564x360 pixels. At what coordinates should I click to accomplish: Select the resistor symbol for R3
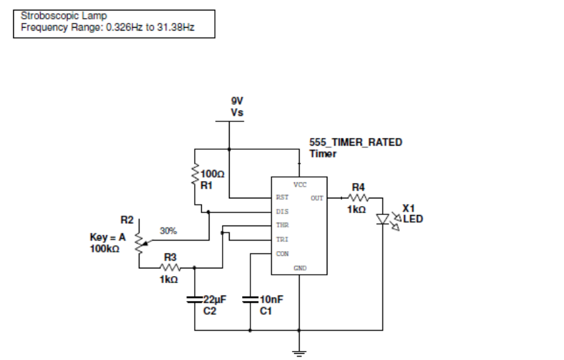[171, 267]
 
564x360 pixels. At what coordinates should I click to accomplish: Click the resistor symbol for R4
[356, 198]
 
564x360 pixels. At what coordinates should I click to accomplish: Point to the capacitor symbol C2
[194, 300]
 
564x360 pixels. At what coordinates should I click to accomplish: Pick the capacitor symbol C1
[250, 300]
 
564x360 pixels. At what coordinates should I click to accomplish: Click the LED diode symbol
[382, 219]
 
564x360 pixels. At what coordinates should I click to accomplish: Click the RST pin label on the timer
[282, 198]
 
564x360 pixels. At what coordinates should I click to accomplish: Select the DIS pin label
[282, 212]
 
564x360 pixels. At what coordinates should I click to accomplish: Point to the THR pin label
[282, 225]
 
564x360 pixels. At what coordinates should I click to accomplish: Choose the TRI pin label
[282, 239]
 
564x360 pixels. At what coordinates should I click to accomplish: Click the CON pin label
[282, 253]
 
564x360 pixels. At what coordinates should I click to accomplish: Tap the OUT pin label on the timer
[317, 198]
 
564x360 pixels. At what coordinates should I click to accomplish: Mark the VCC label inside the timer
[300, 185]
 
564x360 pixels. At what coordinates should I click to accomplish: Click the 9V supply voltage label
[237, 100]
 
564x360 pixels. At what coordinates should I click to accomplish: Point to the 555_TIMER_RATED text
[355, 142]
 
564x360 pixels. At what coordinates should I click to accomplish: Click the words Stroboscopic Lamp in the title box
[64, 15]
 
